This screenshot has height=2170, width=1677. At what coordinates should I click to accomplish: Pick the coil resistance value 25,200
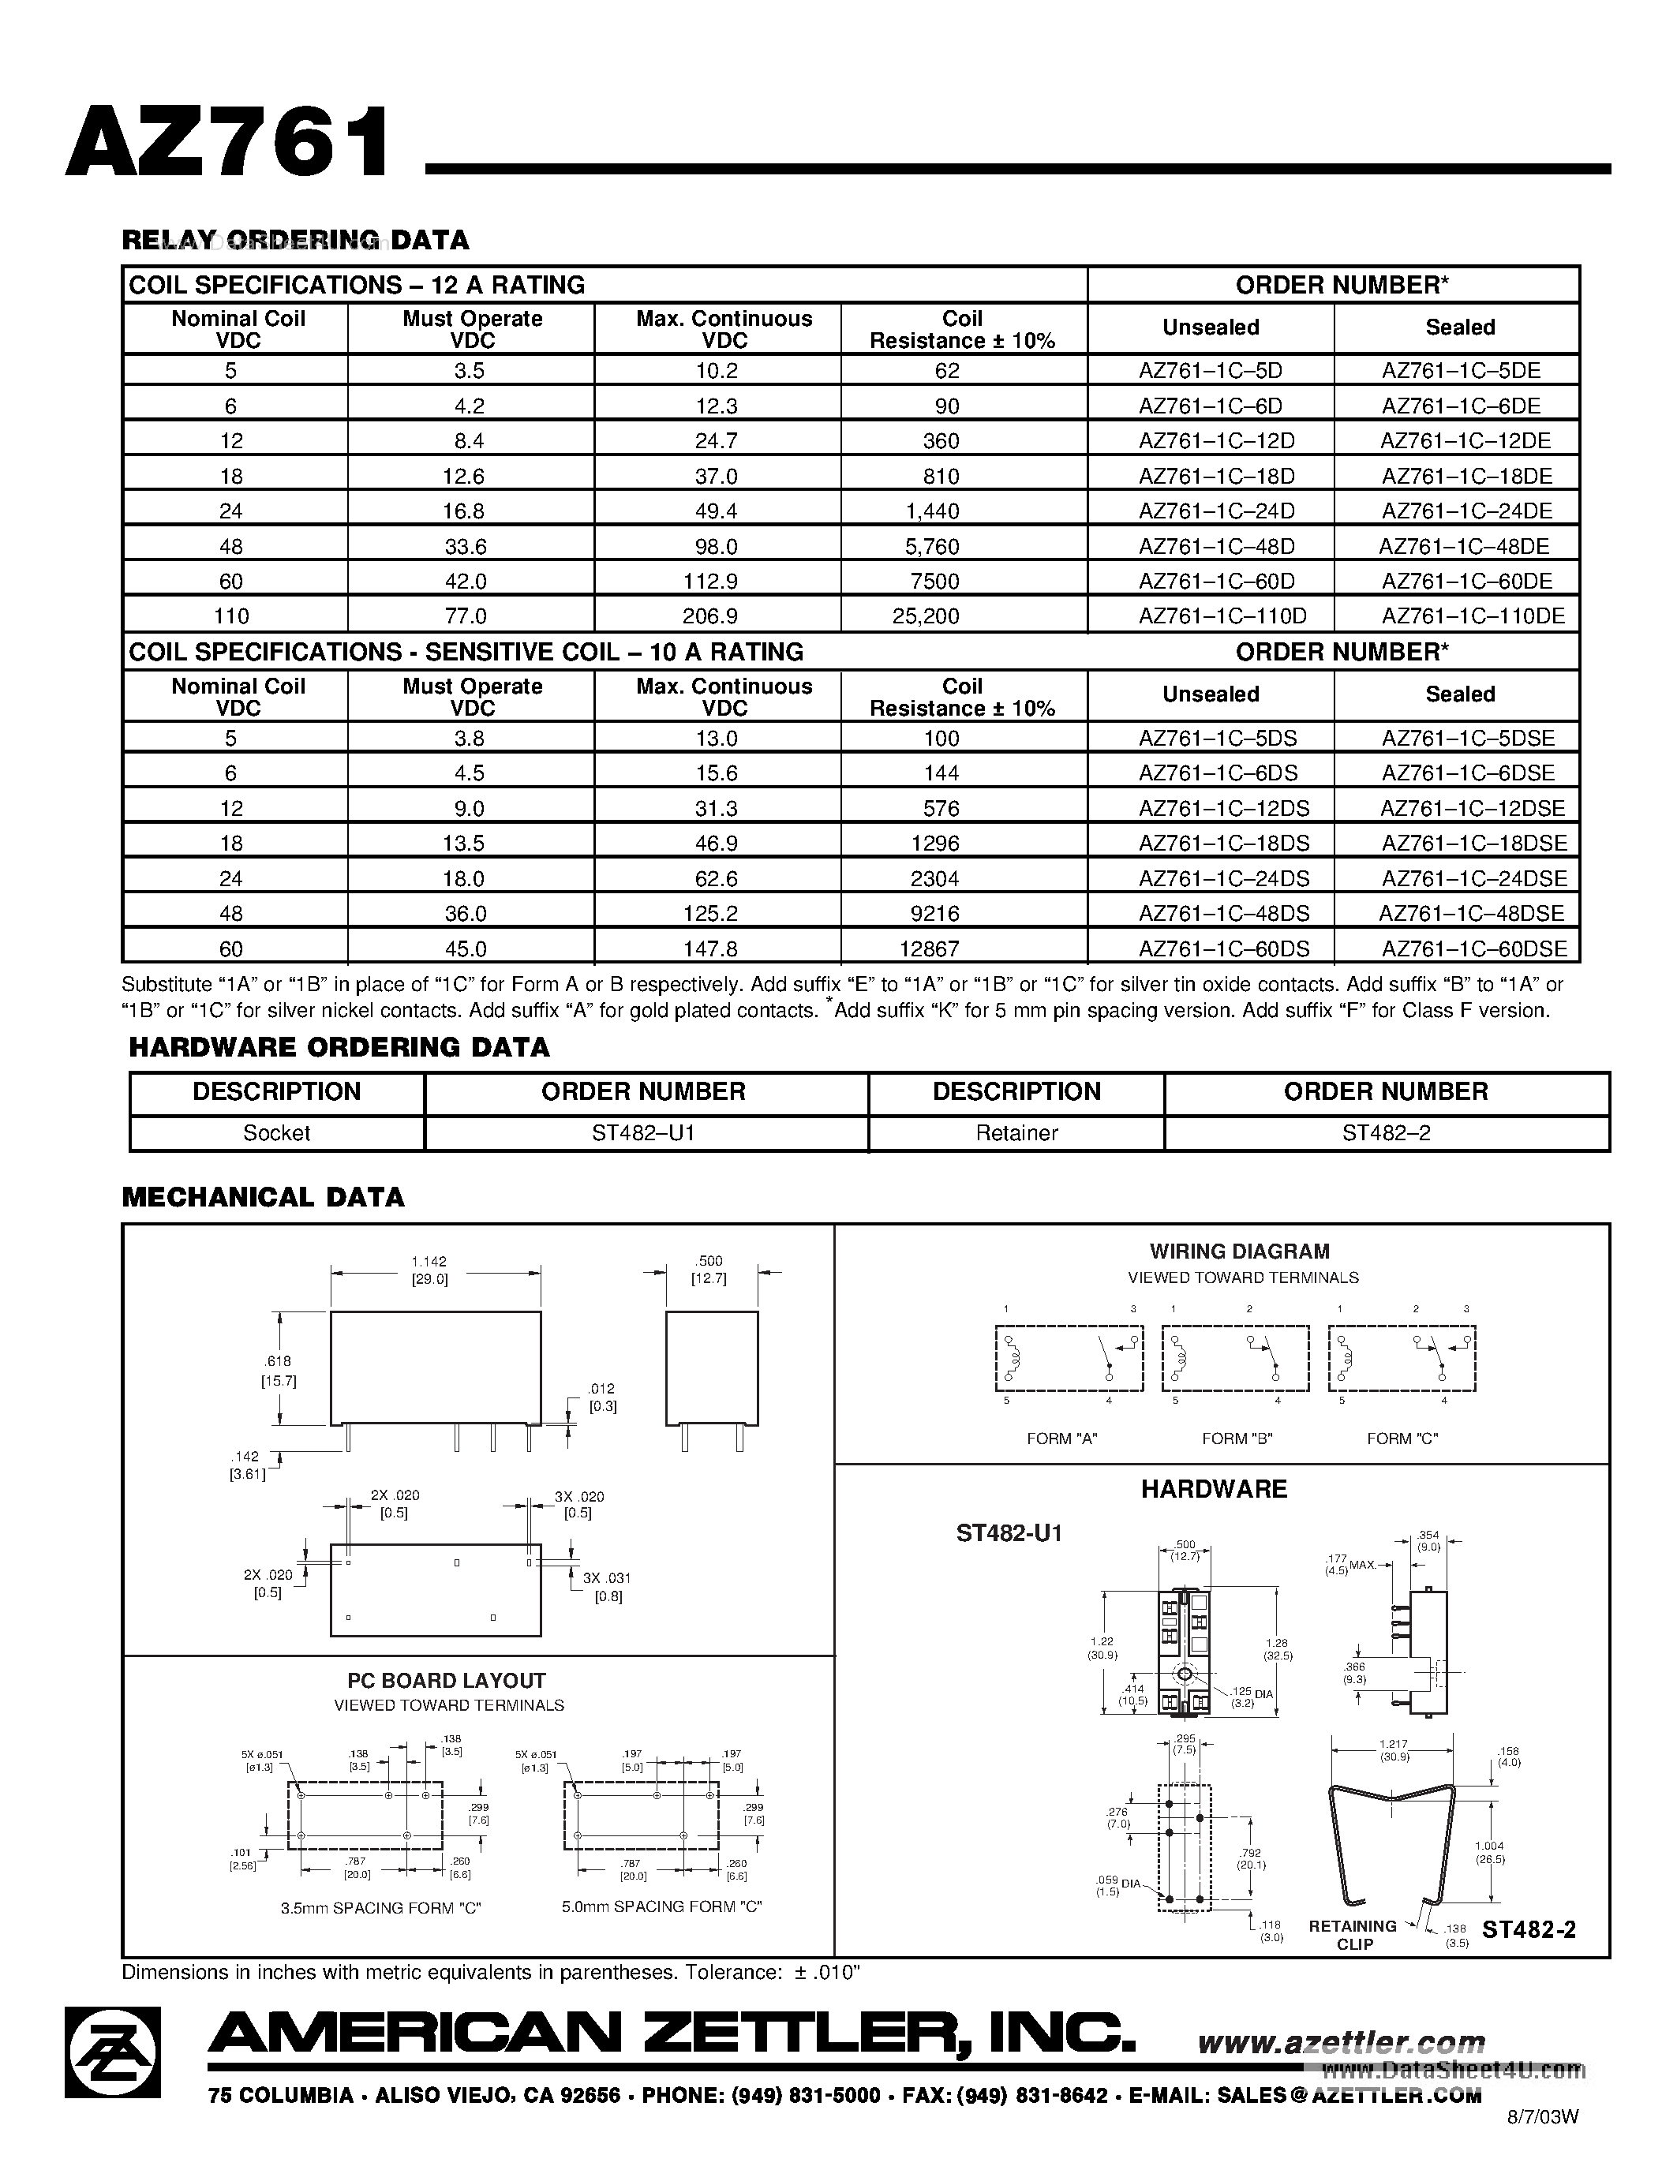[x=926, y=616]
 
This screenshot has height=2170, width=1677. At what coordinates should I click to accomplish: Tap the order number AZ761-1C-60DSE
[x=1473, y=948]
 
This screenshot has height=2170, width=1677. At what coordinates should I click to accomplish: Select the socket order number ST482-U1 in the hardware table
[x=642, y=1132]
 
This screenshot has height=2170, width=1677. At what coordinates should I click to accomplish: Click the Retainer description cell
[x=1016, y=1132]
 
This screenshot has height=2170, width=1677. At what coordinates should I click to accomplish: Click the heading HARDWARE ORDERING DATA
[x=339, y=1047]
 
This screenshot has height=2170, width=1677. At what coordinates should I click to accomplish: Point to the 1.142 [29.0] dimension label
[x=429, y=1270]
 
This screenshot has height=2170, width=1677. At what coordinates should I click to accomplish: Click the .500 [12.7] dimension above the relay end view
[x=709, y=1270]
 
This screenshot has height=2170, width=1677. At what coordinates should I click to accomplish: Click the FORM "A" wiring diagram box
[x=1069, y=1357]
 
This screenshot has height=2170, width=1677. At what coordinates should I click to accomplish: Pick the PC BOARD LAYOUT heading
[x=446, y=1680]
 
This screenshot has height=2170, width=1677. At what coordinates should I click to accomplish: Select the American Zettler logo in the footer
[x=112, y=2052]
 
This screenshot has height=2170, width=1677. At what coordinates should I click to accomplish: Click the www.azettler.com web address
[x=1340, y=2043]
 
